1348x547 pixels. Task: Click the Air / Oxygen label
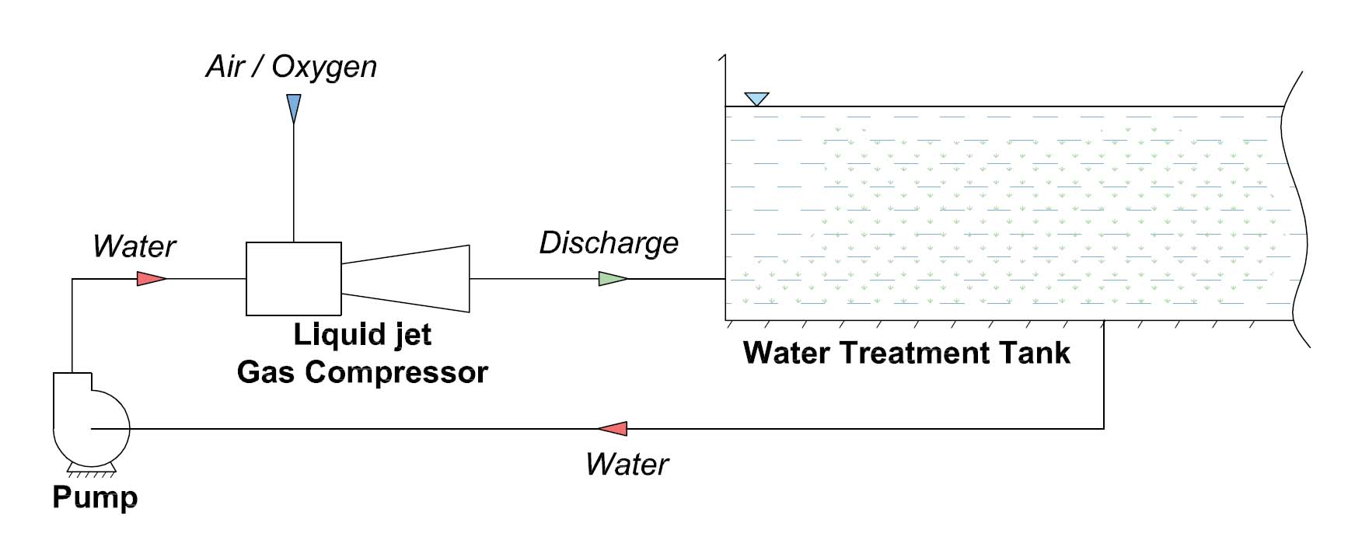(292, 67)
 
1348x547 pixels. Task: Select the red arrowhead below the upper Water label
(150, 278)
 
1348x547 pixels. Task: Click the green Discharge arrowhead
(612, 278)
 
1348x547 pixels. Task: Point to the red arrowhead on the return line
(614, 428)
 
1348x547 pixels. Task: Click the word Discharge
(609, 243)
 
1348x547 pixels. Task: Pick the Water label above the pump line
(134, 246)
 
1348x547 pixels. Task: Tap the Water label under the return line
(627, 465)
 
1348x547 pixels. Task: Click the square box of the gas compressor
(293, 279)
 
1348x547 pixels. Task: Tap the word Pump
(95, 497)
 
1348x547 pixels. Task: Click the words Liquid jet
(362, 334)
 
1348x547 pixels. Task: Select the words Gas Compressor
(362, 372)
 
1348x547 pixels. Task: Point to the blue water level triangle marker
(756, 98)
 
